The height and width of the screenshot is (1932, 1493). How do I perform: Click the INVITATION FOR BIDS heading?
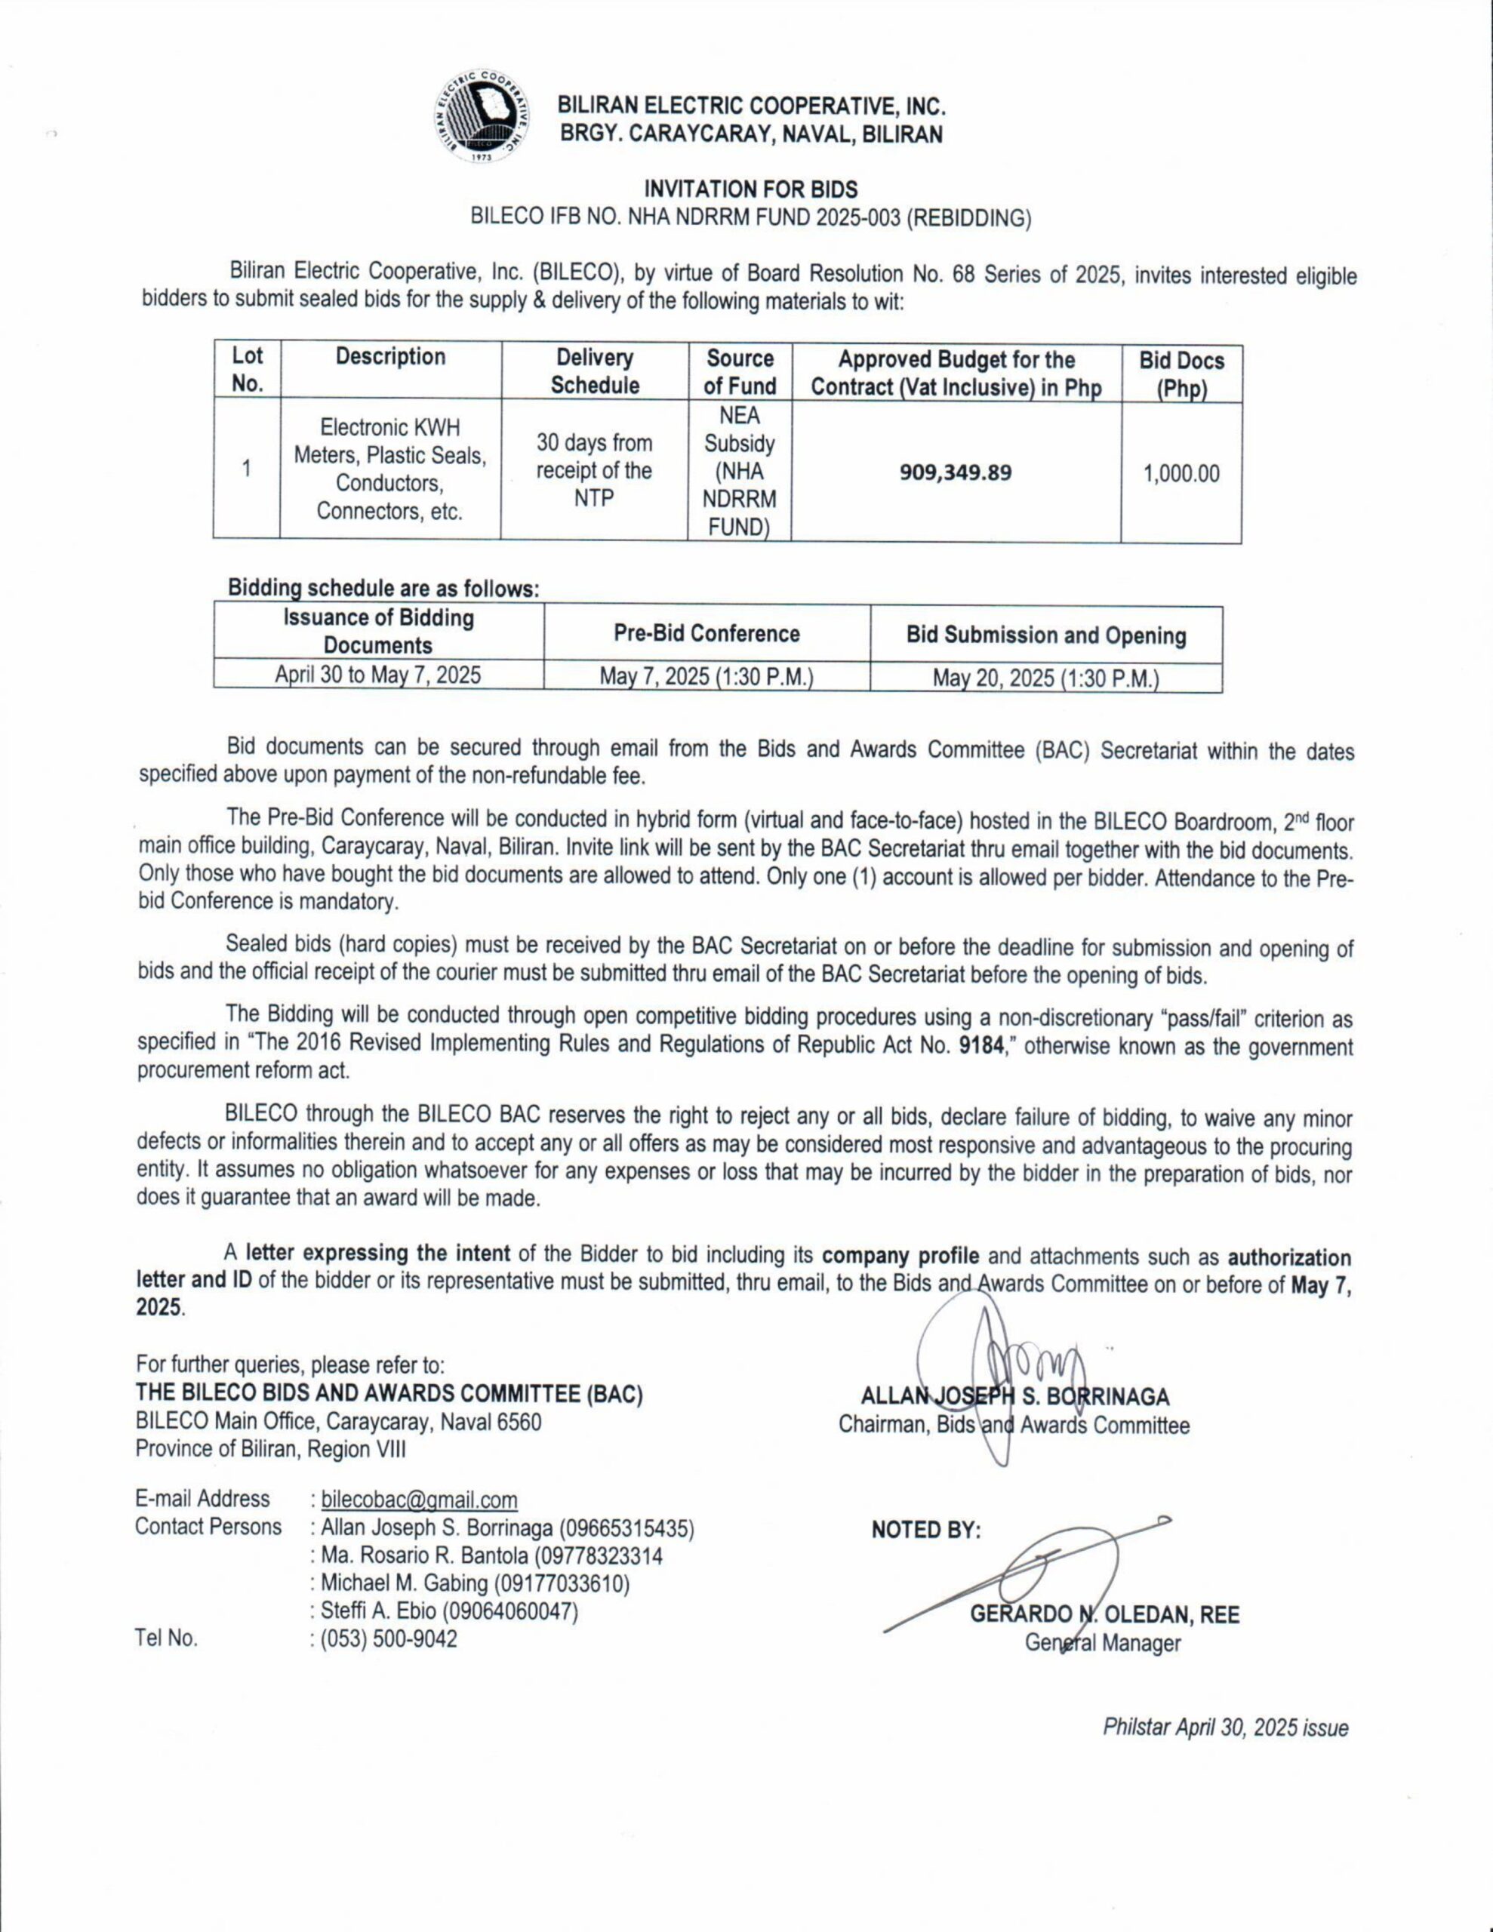click(x=750, y=189)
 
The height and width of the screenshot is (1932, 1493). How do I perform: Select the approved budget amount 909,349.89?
click(x=955, y=472)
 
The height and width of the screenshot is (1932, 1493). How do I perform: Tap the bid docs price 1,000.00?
click(x=1181, y=473)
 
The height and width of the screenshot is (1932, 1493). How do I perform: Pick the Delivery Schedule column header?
click(x=594, y=371)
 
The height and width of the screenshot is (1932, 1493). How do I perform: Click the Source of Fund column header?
click(x=740, y=371)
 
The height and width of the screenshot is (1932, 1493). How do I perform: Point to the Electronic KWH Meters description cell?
click(x=390, y=469)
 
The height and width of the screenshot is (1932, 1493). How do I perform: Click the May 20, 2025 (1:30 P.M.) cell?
click(x=1045, y=678)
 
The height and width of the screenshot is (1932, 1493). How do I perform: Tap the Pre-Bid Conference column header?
click(x=706, y=633)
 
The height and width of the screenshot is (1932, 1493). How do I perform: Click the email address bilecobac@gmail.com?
click(x=420, y=1500)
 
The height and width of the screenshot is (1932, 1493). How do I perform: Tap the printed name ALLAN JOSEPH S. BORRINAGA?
click(x=1015, y=1398)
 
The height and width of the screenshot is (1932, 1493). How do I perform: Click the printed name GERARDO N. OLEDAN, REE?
click(x=1104, y=1614)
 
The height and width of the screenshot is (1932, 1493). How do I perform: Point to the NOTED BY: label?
click(x=925, y=1531)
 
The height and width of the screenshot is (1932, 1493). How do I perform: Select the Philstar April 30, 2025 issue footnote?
click(x=1225, y=1727)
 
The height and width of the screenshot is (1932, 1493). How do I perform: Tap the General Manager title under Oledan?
click(x=1103, y=1643)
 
